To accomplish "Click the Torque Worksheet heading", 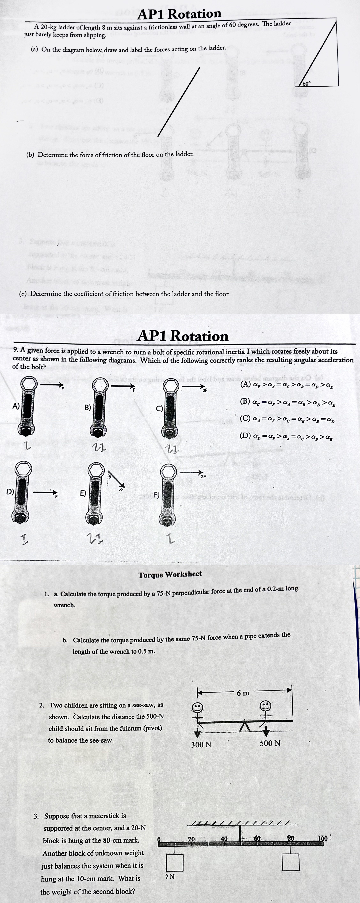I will click(170, 575).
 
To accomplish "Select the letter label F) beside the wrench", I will click(156, 495).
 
